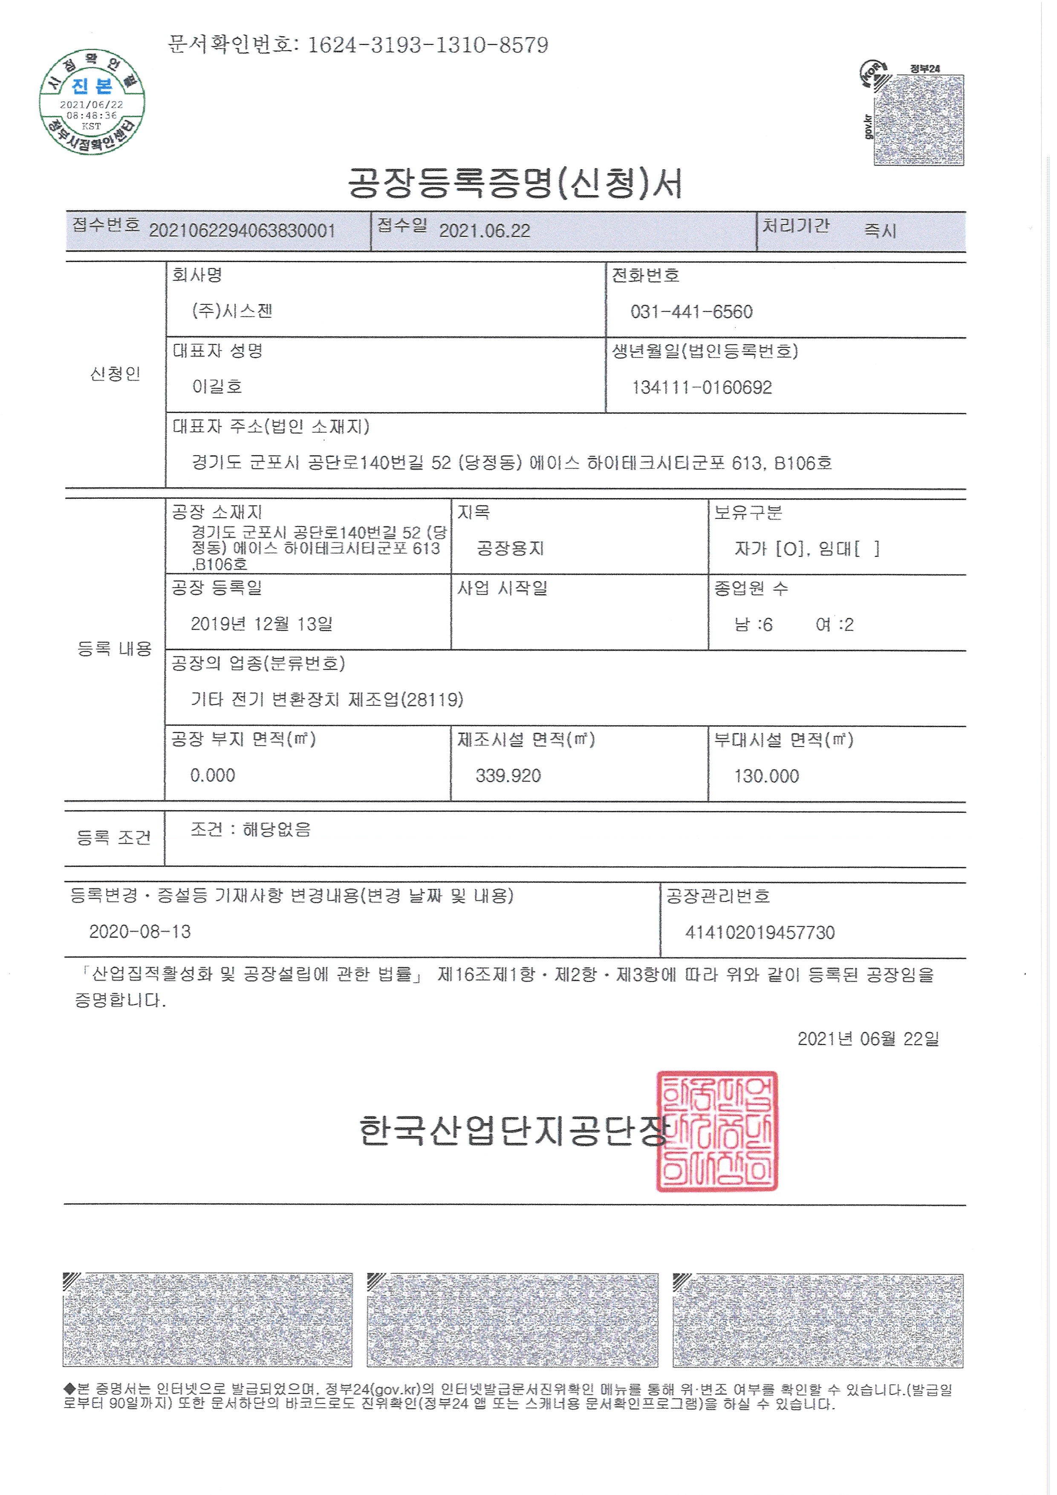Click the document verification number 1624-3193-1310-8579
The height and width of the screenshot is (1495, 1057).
(x=427, y=45)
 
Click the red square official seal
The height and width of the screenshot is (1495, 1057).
(x=716, y=1131)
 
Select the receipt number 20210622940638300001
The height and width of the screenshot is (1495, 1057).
(x=242, y=231)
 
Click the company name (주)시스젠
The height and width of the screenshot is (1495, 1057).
(x=232, y=311)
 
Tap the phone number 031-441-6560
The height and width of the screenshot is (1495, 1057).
(x=691, y=312)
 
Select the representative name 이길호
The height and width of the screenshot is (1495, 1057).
(x=217, y=387)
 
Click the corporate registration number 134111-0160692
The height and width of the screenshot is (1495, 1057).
(x=702, y=387)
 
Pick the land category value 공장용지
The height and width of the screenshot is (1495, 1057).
(x=510, y=548)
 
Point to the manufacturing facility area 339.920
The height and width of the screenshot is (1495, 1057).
(x=508, y=775)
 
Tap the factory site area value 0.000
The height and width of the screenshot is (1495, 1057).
(x=213, y=775)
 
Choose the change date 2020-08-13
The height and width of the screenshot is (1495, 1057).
(x=140, y=932)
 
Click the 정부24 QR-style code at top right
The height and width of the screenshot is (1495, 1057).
(x=918, y=119)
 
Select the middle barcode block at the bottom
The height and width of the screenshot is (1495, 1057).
(x=512, y=1319)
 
